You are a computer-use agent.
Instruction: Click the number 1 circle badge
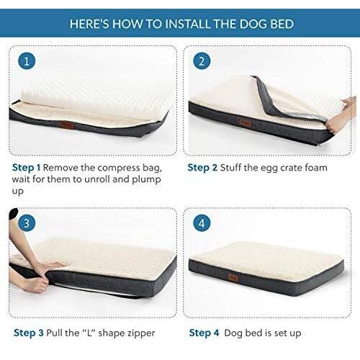[x=27, y=61]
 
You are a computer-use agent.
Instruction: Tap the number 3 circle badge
[x=27, y=224]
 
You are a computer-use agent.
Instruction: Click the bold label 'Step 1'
[x=28, y=167]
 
